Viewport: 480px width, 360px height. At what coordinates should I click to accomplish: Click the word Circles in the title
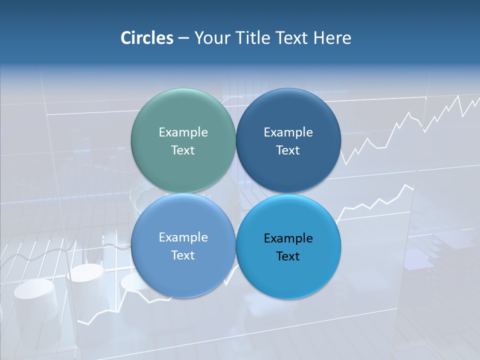click(147, 38)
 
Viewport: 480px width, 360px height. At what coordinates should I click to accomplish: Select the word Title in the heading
click(251, 38)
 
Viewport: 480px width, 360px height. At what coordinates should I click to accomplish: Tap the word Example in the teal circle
click(183, 132)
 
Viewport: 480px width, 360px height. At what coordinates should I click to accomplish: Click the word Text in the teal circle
click(183, 150)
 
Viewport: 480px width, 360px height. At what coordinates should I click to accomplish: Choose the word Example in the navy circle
click(288, 132)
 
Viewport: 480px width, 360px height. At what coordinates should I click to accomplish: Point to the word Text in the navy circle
click(288, 150)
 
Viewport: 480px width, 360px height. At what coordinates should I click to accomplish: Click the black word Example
click(288, 238)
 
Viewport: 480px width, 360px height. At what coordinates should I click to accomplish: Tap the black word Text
click(288, 256)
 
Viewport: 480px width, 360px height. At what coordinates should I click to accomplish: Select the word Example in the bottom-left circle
click(183, 237)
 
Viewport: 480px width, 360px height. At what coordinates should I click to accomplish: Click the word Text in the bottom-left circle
click(183, 255)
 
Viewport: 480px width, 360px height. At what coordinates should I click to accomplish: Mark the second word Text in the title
click(291, 38)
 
